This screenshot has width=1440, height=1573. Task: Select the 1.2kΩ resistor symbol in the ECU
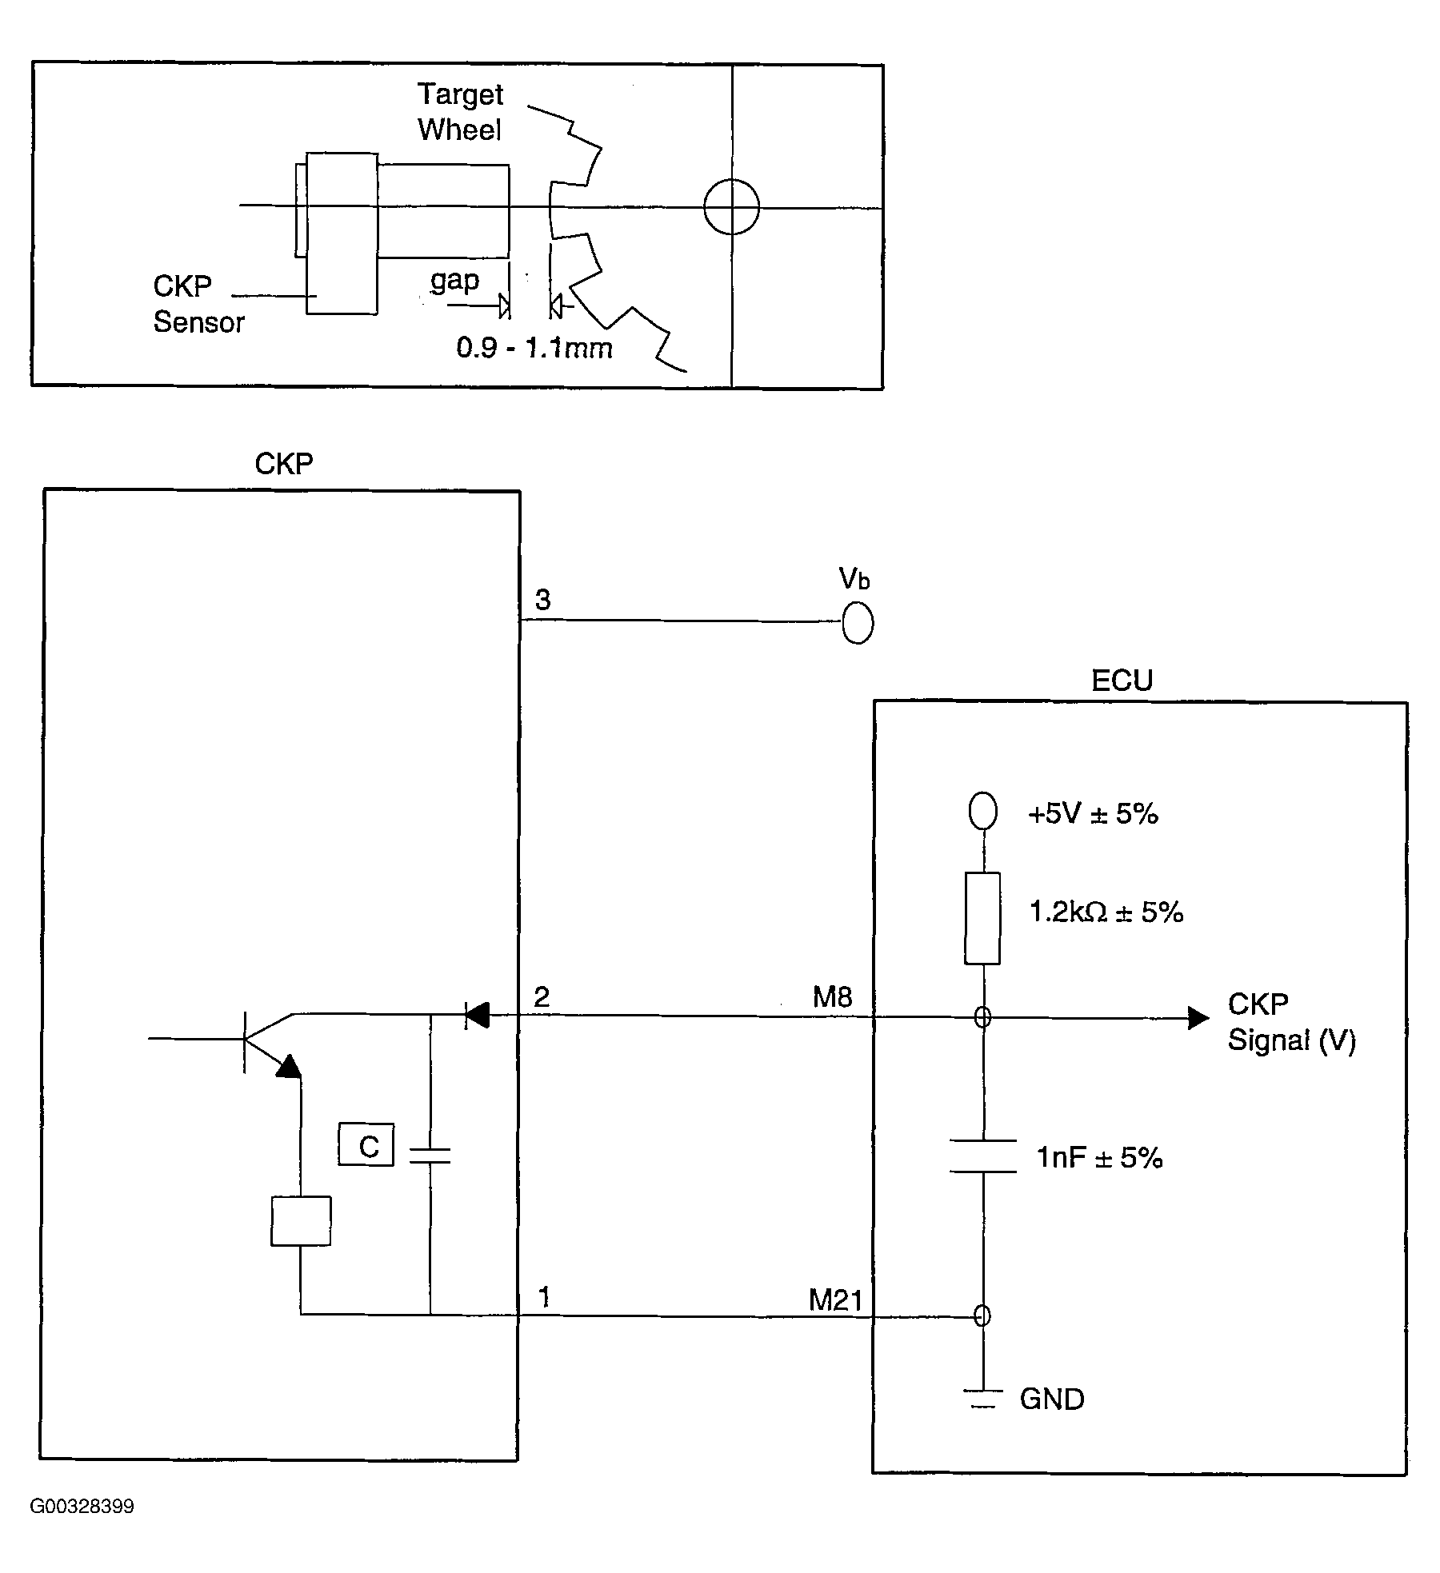coord(982,918)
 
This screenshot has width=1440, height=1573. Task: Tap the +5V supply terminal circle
coord(982,810)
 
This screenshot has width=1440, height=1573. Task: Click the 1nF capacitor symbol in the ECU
coord(982,1156)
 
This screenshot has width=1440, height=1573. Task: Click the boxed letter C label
coord(366,1145)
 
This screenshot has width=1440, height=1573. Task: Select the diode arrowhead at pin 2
coord(478,1016)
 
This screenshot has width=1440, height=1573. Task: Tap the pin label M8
coord(832,996)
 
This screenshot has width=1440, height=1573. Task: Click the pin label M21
coord(835,1300)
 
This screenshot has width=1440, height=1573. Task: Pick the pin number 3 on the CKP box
coord(542,600)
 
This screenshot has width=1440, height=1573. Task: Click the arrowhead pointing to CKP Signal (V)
coord(1198,1017)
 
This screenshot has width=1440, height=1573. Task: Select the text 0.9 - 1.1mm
coord(534,348)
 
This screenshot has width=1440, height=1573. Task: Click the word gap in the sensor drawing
coord(454,281)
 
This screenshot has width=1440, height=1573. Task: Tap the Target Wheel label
coord(460,112)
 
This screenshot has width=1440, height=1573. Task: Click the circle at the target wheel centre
coord(731,207)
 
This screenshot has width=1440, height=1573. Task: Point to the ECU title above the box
coord(1122,681)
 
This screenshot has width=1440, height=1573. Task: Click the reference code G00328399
coord(82,1507)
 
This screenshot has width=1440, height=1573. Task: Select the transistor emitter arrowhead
coord(289,1067)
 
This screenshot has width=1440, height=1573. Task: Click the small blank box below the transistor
coord(301,1220)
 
